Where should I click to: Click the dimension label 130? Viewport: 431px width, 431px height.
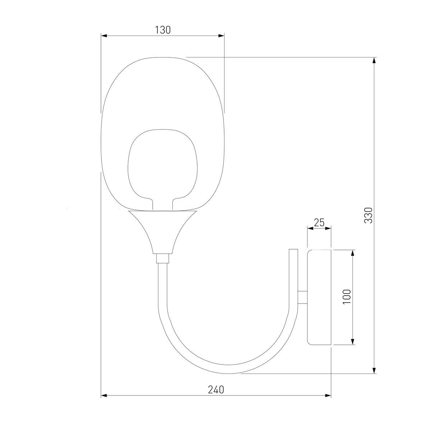(163, 30)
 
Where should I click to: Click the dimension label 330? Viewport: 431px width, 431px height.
(369, 215)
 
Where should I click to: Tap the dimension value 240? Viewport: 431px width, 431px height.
(216, 390)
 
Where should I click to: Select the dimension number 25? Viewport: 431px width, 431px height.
(319, 223)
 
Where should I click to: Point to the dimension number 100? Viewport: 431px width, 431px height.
(347, 297)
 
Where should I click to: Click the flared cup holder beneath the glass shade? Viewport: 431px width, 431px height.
(163, 230)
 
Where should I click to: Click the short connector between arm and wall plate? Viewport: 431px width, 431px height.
(302, 297)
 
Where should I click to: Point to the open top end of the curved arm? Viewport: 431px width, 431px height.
(294, 251)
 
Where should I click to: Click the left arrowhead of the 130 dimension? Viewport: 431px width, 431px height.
(104, 36)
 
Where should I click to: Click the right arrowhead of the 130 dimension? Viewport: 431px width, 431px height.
(221, 36)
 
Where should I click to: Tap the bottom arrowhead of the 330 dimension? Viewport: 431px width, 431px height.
(375, 370)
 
